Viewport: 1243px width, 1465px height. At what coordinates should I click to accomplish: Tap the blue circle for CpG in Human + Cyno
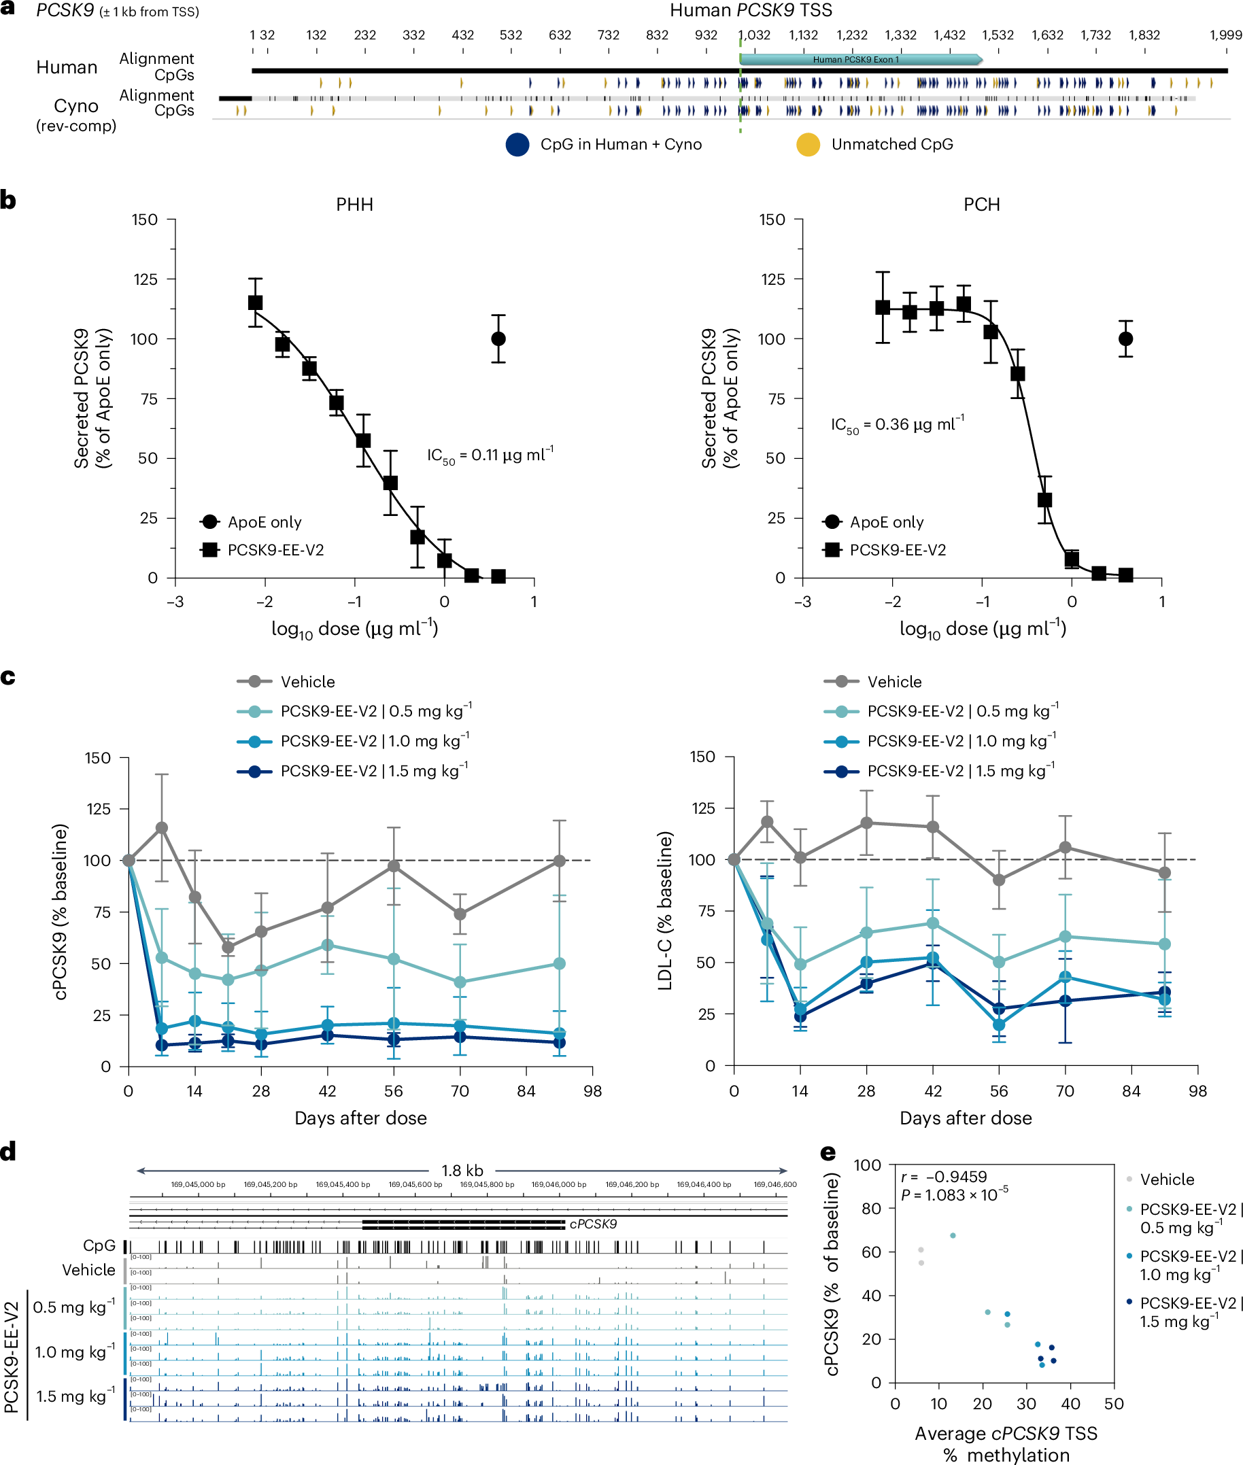[x=517, y=144]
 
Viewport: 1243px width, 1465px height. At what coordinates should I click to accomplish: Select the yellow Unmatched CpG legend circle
[x=808, y=144]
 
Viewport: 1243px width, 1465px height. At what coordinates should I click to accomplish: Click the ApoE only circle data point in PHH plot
[x=498, y=339]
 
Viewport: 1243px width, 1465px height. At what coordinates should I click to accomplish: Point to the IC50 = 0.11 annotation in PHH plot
[x=490, y=455]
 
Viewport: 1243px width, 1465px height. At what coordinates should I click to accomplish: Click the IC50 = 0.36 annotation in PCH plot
[x=896, y=425]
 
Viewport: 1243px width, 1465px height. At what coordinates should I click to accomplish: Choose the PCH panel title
[x=982, y=204]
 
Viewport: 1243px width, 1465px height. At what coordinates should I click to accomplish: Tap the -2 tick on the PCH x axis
[x=892, y=602]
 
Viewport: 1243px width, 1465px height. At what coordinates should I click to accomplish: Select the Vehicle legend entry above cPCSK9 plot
[x=307, y=682]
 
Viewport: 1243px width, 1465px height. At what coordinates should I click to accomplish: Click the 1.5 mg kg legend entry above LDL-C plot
[x=959, y=771]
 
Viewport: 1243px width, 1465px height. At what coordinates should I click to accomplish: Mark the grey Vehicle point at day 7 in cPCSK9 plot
[x=161, y=827]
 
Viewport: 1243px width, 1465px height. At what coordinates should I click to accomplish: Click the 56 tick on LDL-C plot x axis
[x=998, y=1091]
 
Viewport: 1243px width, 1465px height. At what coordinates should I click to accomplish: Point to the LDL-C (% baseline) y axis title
[x=665, y=911]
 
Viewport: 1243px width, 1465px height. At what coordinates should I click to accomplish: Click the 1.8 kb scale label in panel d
[x=462, y=1171]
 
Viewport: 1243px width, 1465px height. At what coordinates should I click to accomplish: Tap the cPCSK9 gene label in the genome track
[x=593, y=1224]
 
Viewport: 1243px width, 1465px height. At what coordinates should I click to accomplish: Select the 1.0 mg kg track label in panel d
[x=74, y=1352]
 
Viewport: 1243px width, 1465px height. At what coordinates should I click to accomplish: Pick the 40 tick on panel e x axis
[x=1070, y=1404]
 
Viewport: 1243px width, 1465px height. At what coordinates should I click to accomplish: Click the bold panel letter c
[x=7, y=677]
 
